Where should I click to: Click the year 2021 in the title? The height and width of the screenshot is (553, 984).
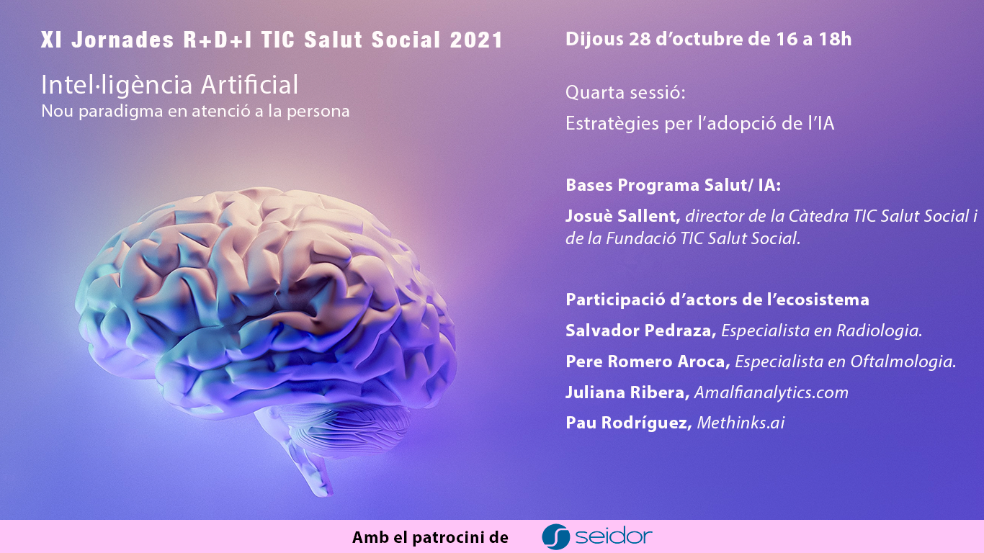(476, 40)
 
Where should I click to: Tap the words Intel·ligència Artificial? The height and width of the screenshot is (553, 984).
(169, 85)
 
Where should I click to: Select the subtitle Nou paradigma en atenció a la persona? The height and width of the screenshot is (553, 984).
(195, 111)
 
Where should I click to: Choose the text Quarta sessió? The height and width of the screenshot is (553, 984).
(625, 93)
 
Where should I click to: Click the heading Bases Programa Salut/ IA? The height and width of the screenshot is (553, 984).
(673, 185)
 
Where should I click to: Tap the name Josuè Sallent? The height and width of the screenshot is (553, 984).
(623, 216)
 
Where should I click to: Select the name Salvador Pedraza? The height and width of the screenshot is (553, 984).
(641, 331)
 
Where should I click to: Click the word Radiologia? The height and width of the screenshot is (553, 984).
(879, 331)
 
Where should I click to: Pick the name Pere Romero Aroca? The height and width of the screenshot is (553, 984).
(648, 361)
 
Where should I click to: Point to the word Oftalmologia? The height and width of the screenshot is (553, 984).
(903, 361)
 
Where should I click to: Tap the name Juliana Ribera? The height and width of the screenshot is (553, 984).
(627, 392)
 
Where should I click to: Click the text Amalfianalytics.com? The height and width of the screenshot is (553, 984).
(771, 392)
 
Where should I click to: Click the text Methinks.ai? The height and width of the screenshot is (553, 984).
(741, 423)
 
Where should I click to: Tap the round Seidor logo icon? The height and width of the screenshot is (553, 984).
(555, 536)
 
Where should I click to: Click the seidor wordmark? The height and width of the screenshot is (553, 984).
(613, 536)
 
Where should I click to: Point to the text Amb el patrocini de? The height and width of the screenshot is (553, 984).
(430, 537)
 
